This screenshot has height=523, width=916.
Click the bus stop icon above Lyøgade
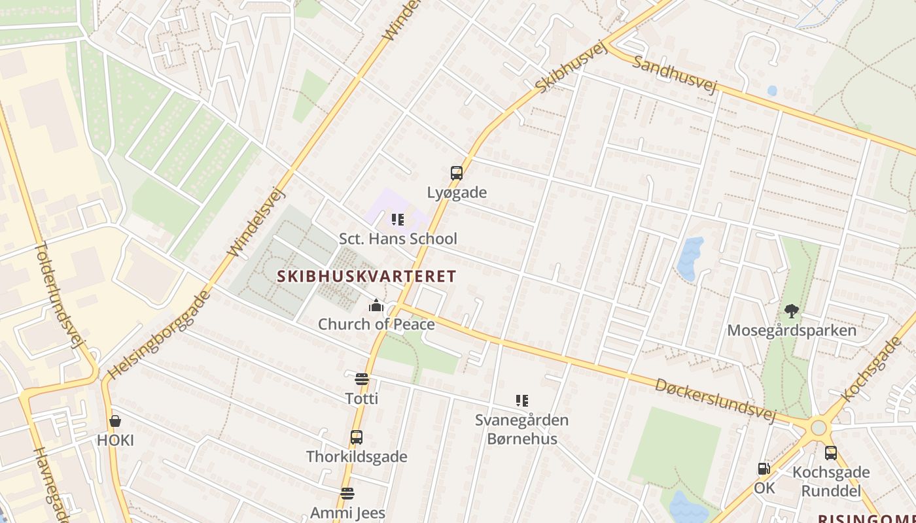(x=457, y=173)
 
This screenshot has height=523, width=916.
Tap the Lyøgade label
(x=457, y=193)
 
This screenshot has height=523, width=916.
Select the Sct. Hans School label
(x=398, y=239)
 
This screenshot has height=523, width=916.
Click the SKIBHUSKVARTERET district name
(x=366, y=276)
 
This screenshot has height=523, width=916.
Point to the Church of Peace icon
(x=376, y=305)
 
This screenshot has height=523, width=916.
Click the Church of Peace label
(x=376, y=324)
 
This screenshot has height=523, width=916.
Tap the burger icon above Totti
(x=361, y=379)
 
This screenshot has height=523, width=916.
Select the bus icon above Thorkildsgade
(x=357, y=437)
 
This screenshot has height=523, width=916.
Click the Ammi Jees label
(x=347, y=513)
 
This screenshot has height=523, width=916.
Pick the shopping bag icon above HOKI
(x=115, y=421)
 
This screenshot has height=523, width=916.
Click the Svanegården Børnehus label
(x=521, y=429)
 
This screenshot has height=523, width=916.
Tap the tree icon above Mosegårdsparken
(x=792, y=311)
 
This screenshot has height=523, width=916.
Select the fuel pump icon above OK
(x=764, y=469)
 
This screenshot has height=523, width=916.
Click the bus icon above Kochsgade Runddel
(x=831, y=452)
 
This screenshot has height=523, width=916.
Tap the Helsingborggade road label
(x=159, y=335)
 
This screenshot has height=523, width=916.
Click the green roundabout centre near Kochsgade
(x=819, y=428)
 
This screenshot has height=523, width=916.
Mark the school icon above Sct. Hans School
(x=397, y=220)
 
